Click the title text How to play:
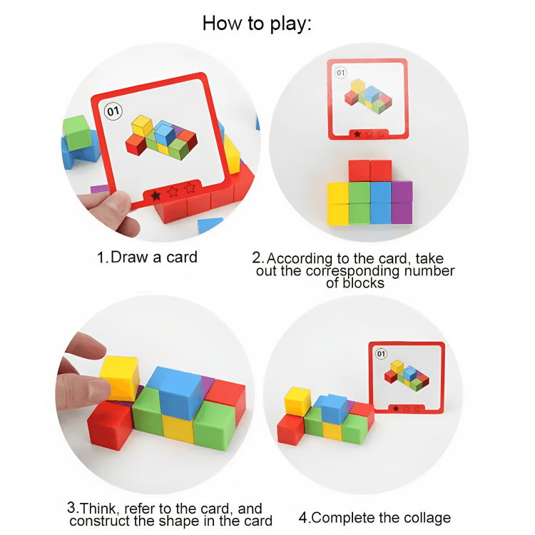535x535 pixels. (x=258, y=23)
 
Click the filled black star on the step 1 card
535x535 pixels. (x=156, y=194)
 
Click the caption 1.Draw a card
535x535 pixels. (x=147, y=257)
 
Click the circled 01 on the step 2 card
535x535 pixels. (x=340, y=73)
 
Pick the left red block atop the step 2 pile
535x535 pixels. (x=359, y=170)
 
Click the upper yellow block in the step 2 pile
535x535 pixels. (x=338, y=193)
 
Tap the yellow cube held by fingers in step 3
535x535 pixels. (x=119, y=376)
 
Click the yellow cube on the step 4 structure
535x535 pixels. (x=297, y=402)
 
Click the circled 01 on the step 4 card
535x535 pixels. (x=380, y=353)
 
